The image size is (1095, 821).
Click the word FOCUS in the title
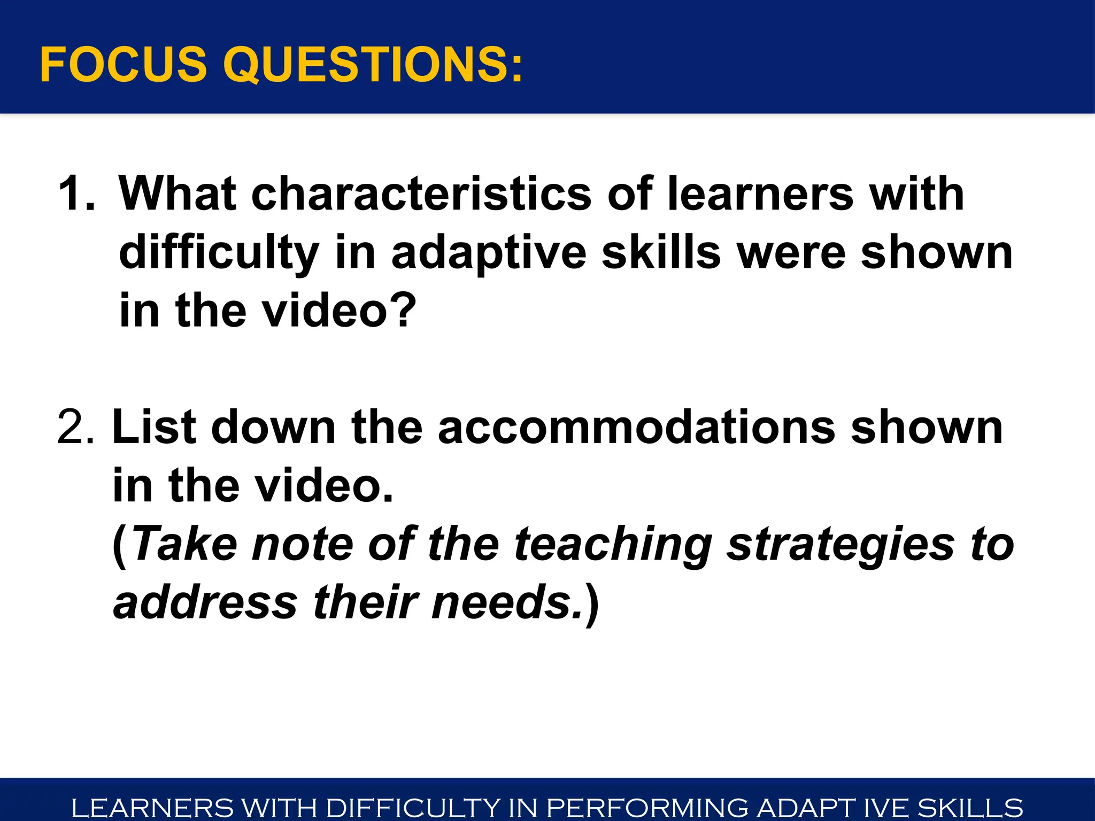click(123, 65)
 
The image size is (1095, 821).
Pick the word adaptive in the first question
click(489, 253)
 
